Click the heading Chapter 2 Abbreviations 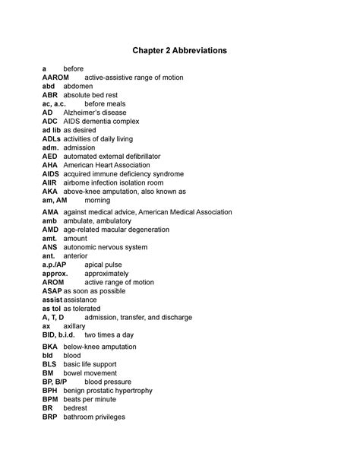coord(180,50)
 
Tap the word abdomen coord(79,87)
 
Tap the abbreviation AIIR coord(50,182)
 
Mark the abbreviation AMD coord(51,229)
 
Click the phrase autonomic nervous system coord(110,246)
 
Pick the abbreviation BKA coord(50,346)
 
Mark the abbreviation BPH coord(50,391)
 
